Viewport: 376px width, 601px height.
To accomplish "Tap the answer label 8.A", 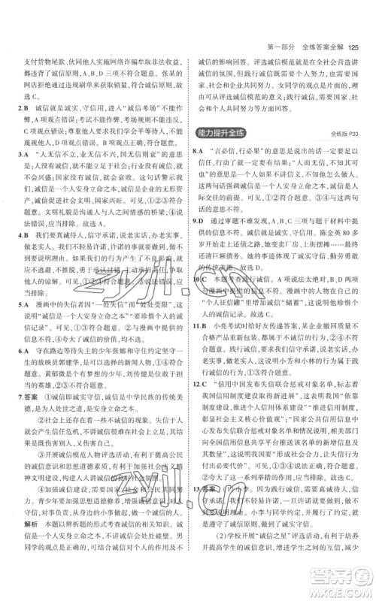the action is (200, 194).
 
